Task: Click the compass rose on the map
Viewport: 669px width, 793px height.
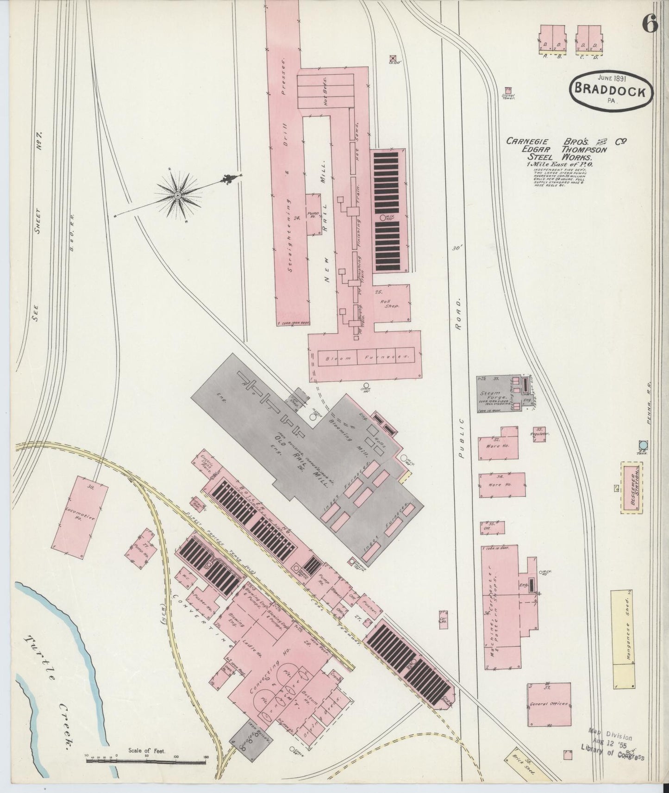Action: pos(177,196)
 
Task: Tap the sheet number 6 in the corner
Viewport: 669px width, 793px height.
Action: pos(650,25)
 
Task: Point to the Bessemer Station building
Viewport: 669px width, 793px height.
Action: pos(633,487)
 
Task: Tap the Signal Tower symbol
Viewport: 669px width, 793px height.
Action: pos(508,90)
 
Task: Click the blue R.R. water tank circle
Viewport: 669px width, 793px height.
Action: pos(642,445)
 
